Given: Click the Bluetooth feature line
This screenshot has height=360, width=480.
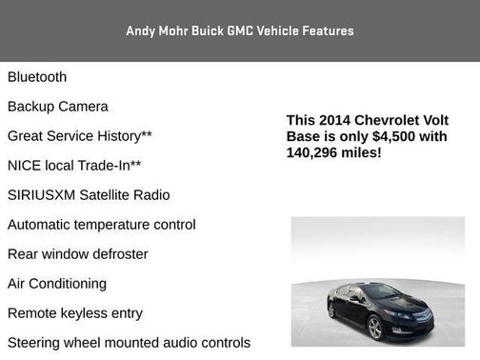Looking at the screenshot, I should [x=37, y=77].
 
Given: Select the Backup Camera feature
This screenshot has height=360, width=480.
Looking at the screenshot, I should [x=58, y=107].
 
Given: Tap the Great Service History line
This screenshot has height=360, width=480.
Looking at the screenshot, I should [x=80, y=136].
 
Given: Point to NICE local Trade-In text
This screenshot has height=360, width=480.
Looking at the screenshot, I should [x=74, y=166].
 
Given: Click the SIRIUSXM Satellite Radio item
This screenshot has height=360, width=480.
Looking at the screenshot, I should [x=89, y=195].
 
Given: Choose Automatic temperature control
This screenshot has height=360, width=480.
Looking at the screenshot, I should [x=102, y=225].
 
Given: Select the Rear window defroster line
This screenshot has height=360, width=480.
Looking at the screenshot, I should [x=78, y=254].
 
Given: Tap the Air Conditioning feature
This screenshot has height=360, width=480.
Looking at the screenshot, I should [x=57, y=284].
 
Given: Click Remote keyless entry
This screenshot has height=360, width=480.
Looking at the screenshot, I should [x=75, y=313].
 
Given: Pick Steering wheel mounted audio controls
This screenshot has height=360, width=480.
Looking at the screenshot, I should [x=129, y=343].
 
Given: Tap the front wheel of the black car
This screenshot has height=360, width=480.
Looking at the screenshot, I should [x=374, y=329].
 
